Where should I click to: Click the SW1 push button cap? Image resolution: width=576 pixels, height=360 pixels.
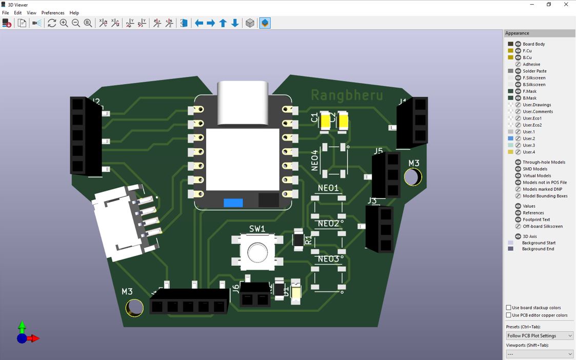tap(257, 252)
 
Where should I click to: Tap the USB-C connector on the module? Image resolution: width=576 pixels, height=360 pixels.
tap(243, 103)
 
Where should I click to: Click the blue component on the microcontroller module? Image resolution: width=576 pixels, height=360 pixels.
tap(233, 203)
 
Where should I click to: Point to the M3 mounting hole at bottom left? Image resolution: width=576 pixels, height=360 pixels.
tap(135, 308)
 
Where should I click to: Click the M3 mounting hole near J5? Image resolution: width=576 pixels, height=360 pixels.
tap(413, 177)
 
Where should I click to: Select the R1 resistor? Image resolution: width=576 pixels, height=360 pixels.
tap(298, 239)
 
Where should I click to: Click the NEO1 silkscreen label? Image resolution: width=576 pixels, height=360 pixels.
tap(328, 188)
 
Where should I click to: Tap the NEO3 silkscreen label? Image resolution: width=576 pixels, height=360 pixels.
tap(328, 259)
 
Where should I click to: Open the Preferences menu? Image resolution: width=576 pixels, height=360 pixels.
tap(53, 13)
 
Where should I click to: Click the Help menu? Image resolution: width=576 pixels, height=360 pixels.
tap(74, 13)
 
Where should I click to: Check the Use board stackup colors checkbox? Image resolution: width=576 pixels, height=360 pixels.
tap(509, 308)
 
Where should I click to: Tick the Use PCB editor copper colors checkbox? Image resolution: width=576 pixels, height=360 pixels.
tap(509, 315)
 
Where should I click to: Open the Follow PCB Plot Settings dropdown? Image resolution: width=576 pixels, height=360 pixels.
tap(539, 336)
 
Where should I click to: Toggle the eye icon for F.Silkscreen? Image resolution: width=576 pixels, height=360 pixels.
tap(518, 78)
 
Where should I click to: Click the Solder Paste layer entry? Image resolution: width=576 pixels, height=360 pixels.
tap(534, 71)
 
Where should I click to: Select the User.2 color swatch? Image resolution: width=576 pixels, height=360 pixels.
tap(510, 138)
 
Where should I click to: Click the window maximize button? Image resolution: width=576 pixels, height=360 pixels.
tap(549, 5)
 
